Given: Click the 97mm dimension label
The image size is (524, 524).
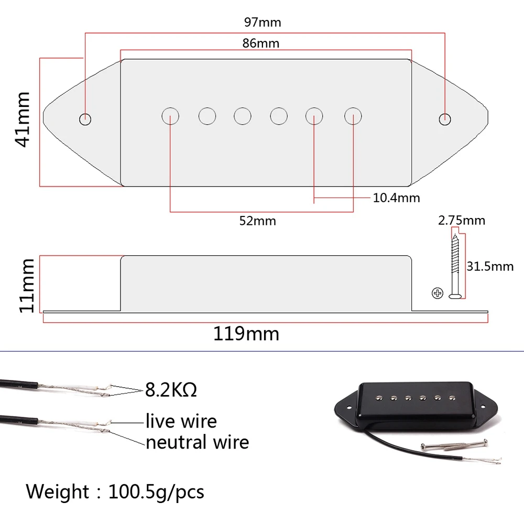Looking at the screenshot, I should (x=262, y=23).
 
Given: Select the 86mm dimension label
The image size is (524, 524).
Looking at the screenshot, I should (x=260, y=43).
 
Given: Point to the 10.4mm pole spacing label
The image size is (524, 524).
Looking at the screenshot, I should (x=396, y=198).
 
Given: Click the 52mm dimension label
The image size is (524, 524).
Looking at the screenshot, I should (x=257, y=221).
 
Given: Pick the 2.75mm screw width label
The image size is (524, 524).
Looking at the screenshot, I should (x=462, y=220).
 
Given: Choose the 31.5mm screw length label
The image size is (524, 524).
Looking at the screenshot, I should (x=490, y=266).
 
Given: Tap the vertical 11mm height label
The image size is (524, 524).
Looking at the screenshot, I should (x=26, y=286).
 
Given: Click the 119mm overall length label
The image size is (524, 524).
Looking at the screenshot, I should (x=246, y=334).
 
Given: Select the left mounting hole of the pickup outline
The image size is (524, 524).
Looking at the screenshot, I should (x=85, y=118).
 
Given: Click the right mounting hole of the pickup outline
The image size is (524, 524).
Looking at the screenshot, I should (x=444, y=118).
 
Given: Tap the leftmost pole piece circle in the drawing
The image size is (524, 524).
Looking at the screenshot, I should (x=170, y=115).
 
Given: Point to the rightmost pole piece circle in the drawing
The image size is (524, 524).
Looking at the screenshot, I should (x=353, y=115).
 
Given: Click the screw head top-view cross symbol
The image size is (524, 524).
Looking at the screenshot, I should (x=438, y=293).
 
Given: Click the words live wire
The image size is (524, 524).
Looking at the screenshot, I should (x=181, y=421).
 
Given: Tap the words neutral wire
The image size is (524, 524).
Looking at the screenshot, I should (x=197, y=442).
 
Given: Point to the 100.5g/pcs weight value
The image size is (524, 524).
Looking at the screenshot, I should (x=156, y=492).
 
